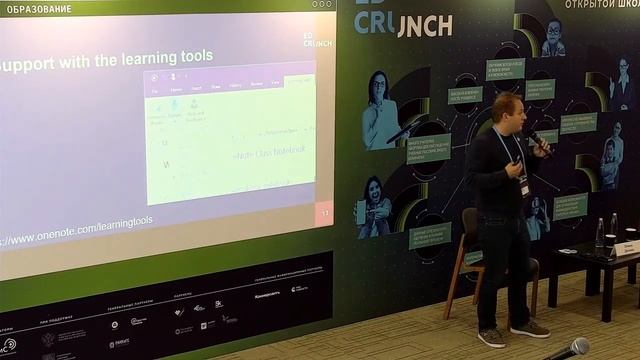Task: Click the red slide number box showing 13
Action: (323, 213)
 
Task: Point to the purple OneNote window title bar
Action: (230, 77)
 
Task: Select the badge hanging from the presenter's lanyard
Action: (523, 185)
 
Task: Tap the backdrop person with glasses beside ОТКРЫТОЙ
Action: (553, 38)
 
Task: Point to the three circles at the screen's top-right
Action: (322, 4)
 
